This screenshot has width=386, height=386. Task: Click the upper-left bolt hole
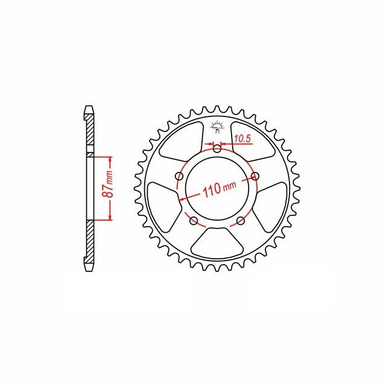[x=179, y=176]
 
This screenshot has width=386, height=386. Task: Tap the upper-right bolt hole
[x=255, y=176]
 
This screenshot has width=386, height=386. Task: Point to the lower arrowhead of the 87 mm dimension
[x=110, y=218]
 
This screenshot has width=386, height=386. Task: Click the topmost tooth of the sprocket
[x=217, y=110]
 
